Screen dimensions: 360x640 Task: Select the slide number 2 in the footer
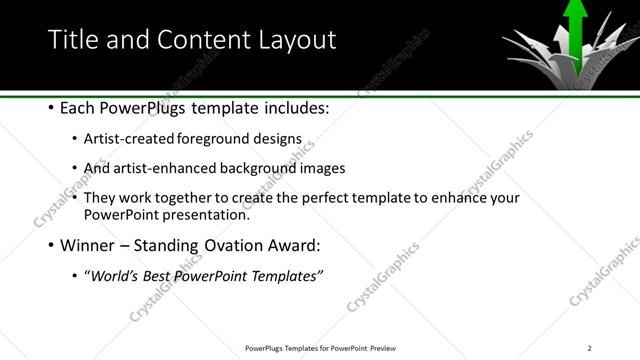[590, 348]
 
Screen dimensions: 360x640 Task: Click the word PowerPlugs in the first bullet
[144, 106]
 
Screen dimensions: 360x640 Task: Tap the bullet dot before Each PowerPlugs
[51, 107]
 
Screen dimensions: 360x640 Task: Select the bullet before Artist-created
[77, 141]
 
